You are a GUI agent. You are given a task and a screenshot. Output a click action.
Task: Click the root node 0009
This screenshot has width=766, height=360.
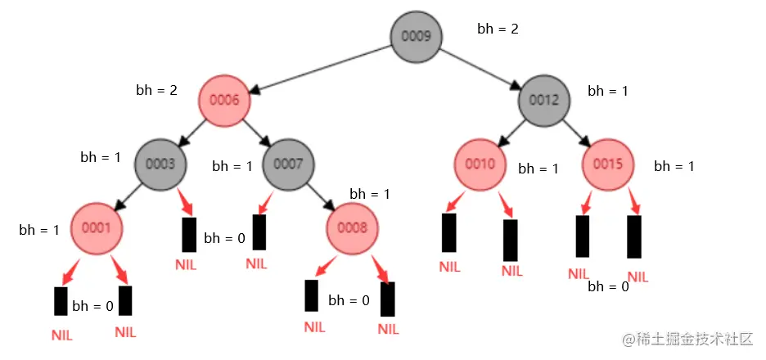pos(416,36)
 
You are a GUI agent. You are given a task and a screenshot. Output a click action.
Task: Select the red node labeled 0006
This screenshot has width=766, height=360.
pos(223,101)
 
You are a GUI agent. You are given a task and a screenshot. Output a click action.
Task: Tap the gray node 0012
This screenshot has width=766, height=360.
pos(543,101)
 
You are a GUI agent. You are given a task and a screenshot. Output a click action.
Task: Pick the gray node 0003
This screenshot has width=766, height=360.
pos(160,164)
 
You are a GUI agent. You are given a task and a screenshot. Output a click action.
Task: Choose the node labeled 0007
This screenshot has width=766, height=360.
pos(288,164)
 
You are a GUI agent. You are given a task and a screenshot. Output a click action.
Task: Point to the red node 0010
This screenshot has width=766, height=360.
pos(480,164)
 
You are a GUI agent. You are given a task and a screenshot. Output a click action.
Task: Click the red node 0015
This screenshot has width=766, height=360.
pos(608,164)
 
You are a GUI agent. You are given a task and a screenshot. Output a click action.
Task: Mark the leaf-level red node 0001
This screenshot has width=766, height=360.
pos(97,228)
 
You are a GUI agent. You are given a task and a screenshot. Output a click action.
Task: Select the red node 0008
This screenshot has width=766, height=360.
pos(352,228)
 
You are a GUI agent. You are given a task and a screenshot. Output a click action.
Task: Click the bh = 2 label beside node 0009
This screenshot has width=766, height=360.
pos(498,29)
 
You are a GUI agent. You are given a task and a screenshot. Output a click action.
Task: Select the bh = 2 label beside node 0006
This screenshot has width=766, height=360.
pos(156,90)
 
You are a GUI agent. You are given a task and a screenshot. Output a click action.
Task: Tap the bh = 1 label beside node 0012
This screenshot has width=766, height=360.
pos(608,91)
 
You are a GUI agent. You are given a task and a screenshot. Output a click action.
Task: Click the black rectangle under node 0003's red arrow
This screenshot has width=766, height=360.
pos(189,235)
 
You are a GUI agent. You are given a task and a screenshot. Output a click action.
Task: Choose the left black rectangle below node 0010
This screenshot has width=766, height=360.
pos(448,232)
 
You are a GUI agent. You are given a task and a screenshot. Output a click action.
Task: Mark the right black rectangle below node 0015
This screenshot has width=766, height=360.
pos(634,236)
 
